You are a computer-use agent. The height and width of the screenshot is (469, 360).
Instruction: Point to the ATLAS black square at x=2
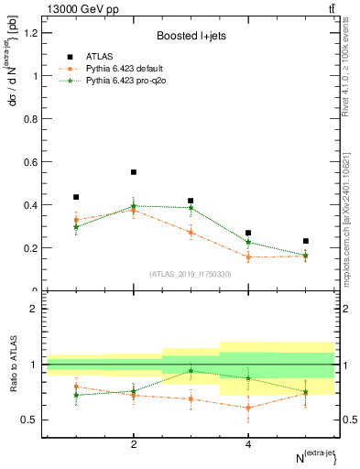(134, 172)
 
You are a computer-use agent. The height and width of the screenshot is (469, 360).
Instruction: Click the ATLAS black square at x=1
(76, 197)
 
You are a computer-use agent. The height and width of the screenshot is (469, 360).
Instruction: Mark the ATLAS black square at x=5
(305, 241)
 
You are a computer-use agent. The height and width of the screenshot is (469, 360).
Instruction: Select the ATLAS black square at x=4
(248, 233)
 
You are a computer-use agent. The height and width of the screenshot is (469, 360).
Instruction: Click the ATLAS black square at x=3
(191, 201)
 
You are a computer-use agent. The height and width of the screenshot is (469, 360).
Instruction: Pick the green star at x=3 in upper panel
(191, 208)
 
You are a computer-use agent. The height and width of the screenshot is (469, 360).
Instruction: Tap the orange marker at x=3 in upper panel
(191, 232)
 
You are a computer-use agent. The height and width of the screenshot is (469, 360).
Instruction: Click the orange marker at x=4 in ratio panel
(248, 408)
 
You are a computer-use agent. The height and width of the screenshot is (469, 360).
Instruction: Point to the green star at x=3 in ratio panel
(191, 371)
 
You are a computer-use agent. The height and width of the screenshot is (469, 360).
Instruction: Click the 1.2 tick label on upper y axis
(31, 33)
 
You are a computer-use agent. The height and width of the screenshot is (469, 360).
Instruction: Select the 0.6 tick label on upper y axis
(31, 162)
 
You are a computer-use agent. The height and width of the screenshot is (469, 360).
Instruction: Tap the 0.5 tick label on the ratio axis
(31, 420)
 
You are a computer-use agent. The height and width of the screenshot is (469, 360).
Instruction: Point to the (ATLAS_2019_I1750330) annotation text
(191, 273)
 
